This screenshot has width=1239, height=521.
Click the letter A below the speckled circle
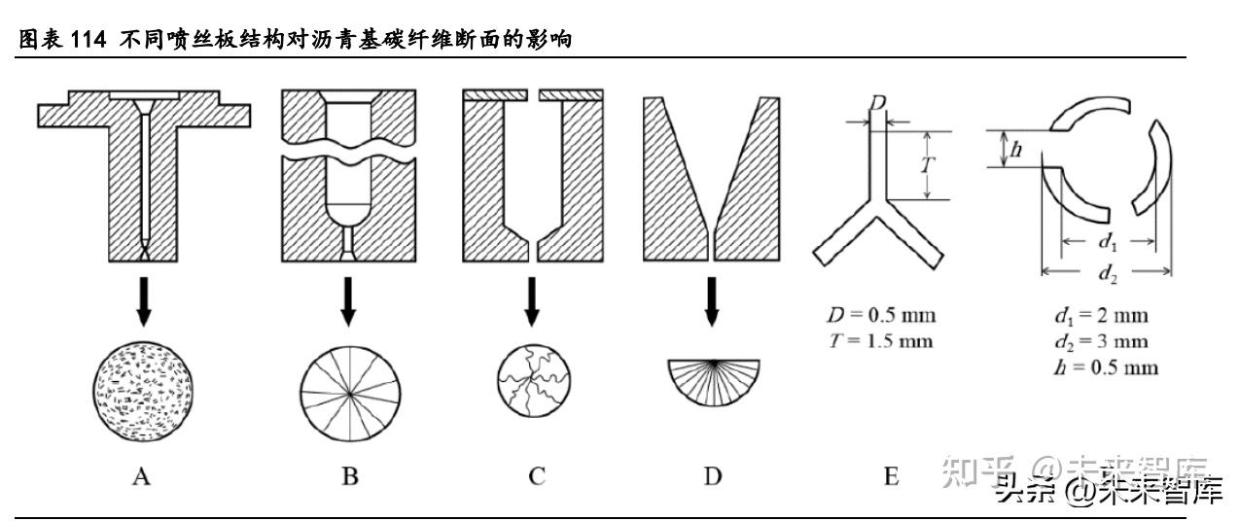142,476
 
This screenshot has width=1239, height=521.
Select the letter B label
350,476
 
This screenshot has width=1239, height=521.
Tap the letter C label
537,476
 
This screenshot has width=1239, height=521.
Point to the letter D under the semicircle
713,476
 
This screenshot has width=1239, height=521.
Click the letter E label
891,476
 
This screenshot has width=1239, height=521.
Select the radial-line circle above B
349,393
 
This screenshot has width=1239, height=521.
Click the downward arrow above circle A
143,301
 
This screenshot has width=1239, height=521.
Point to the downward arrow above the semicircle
712,301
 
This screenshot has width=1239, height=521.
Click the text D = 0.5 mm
876,317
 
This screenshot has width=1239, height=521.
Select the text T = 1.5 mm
876,340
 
